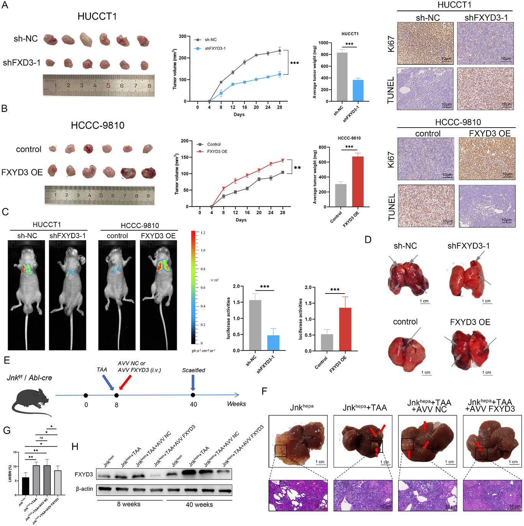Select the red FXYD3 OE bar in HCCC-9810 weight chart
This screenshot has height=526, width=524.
[x=358, y=182]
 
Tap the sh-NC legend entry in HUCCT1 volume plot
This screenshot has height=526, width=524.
[x=210, y=40]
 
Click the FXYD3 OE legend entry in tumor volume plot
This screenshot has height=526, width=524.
[x=217, y=152]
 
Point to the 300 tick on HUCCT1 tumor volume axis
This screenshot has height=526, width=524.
[x=182, y=36]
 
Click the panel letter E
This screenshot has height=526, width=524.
[x=7, y=360]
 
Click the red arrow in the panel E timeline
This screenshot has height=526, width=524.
[x=125, y=382]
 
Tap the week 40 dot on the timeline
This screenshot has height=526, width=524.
[x=193, y=395]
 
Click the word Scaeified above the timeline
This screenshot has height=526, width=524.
[x=193, y=370]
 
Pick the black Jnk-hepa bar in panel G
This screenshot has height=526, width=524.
[x=25, y=486]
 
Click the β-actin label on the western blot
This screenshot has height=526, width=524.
[x=84, y=489]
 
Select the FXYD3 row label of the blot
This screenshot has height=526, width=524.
[x=84, y=474]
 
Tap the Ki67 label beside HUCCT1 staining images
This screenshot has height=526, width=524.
[x=391, y=44]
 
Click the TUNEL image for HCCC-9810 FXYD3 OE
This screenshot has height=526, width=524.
[x=486, y=206]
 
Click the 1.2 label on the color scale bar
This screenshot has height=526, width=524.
[x=203, y=233]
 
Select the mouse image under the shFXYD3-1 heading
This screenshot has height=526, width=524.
[x=67, y=295]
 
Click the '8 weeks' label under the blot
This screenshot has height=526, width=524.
[x=129, y=504]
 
